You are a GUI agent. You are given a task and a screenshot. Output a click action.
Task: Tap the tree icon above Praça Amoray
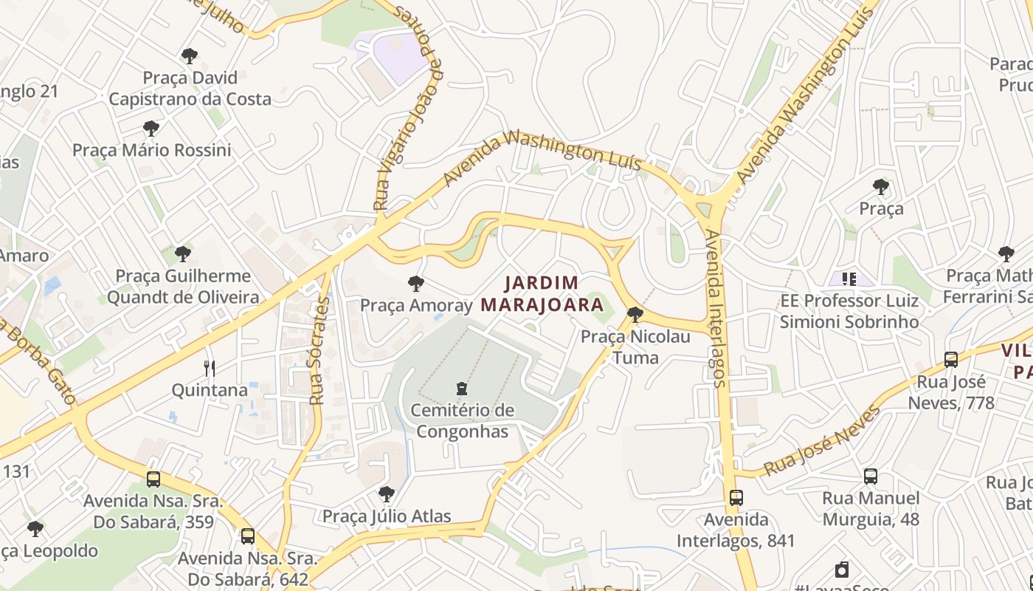point(415,283)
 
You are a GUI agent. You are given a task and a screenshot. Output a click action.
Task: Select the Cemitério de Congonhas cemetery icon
point(462,388)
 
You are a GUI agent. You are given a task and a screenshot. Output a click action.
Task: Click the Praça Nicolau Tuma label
point(635,347)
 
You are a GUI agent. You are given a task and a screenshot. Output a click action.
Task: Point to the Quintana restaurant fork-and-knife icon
point(210,368)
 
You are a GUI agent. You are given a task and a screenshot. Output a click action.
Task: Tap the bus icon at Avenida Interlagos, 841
point(736,498)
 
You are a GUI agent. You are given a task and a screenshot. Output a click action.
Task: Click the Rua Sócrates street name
point(318,351)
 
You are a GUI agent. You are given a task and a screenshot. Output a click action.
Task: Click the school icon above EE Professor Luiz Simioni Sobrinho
point(849,279)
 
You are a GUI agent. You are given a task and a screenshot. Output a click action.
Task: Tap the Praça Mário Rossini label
point(151,150)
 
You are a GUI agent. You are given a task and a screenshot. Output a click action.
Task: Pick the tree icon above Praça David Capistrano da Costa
point(190,55)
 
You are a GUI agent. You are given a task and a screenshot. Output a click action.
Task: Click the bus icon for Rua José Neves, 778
point(951,360)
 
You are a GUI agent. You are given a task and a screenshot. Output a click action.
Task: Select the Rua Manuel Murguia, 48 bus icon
point(871,476)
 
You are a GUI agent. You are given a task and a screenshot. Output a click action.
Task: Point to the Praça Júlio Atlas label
point(387,516)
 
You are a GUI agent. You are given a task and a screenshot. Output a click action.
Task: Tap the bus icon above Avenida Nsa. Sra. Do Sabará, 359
point(153,479)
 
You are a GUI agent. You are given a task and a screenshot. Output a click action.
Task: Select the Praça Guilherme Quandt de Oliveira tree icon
point(183,255)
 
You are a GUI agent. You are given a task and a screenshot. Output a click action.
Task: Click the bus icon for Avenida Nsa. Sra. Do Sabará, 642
point(248,536)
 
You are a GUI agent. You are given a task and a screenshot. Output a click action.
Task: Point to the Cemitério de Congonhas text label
point(462,420)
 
